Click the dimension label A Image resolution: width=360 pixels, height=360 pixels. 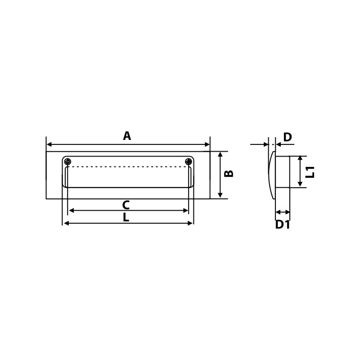coord(127,136)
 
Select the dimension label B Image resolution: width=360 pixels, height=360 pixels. coord(229,174)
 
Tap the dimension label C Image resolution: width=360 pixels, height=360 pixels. coord(126,205)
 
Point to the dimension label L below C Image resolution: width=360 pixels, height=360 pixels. coord(126,217)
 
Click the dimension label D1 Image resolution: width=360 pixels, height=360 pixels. coord(283,225)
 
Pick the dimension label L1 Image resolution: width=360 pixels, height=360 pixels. coord(310,172)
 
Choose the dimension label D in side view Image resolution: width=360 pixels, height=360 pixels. coord(288,137)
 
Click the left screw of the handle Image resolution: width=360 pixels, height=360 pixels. coord(67,162)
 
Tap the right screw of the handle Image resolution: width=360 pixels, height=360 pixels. coord(189,162)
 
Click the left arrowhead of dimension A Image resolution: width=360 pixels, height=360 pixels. coord(49,144)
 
